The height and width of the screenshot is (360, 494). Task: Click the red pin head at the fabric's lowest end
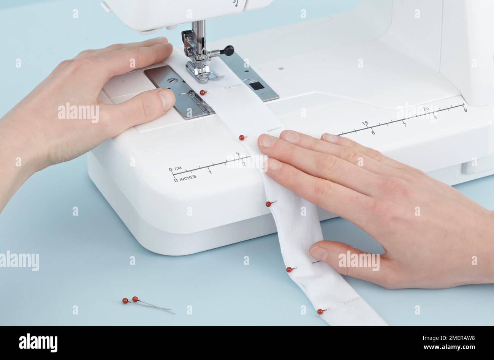click(x=320, y=311)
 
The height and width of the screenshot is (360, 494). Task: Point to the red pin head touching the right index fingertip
click(x=242, y=137)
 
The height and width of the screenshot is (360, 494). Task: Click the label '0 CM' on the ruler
click(x=175, y=169)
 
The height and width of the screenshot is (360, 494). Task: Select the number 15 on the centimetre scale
click(x=365, y=123)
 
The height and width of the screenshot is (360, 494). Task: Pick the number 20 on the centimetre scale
click(x=425, y=109)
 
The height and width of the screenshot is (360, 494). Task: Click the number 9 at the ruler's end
click(x=465, y=110)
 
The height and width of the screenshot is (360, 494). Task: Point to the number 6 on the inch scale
click(x=373, y=133)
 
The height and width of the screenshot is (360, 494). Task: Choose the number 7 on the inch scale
click(x=404, y=125)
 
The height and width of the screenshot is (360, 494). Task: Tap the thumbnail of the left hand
click(x=166, y=100)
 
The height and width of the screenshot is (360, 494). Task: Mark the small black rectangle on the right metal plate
click(x=257, y=85)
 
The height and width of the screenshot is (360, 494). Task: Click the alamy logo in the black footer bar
click(x=38, y=343)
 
